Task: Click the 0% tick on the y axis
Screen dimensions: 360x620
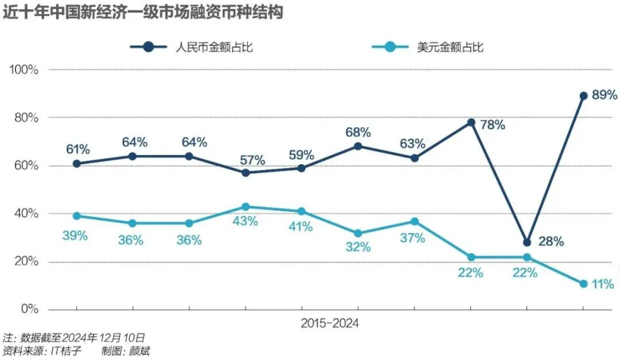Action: pos(31,309)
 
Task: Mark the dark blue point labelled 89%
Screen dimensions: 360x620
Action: pos(583,96)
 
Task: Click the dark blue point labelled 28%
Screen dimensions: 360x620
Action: pos(527,242)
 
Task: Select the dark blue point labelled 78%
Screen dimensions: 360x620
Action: pos(471,122)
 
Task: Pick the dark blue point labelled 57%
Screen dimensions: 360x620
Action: pos(245,173)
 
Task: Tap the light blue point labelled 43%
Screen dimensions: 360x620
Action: pos(245,207)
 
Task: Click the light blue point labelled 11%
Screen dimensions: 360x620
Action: pos(583,284)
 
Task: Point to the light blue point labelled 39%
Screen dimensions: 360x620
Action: pos(77,216)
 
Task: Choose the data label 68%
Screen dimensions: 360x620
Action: pos(358,132)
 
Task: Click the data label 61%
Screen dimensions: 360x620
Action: pos(77,150)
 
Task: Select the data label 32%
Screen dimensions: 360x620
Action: pos(358,247)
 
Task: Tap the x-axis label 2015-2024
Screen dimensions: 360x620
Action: pos(329,323)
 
